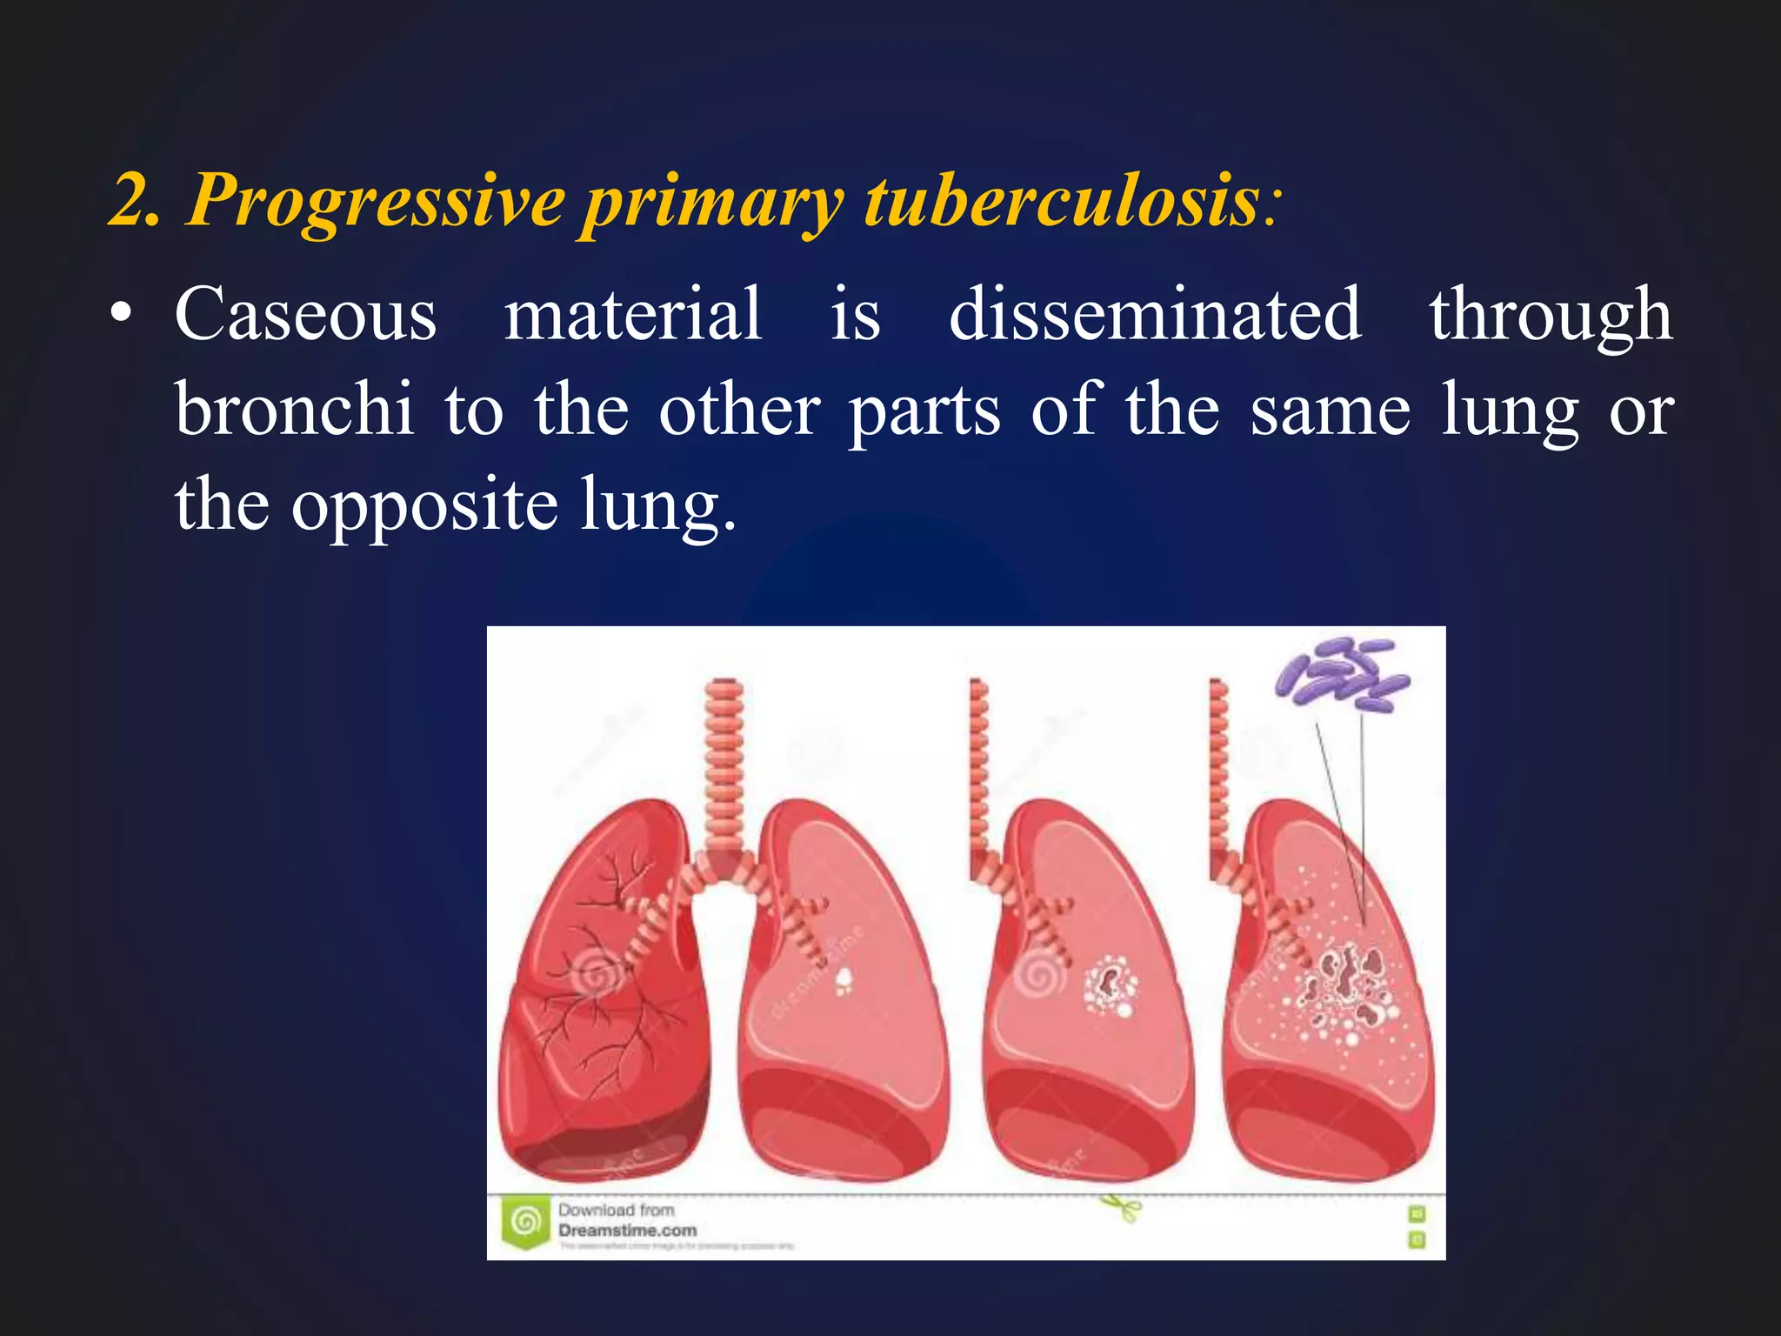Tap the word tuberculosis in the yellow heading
click(1061, 200)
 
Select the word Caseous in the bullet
click(305, 315)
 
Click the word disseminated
click(1154, 315)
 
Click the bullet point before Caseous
click(122, 317)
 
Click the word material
click(633, 315)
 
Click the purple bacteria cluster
click(1340, 674)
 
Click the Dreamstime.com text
click(627, 1231)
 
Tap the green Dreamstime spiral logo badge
click(525, 1223)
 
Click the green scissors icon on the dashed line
click(1122, 1207)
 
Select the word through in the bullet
click(1551, 315)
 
